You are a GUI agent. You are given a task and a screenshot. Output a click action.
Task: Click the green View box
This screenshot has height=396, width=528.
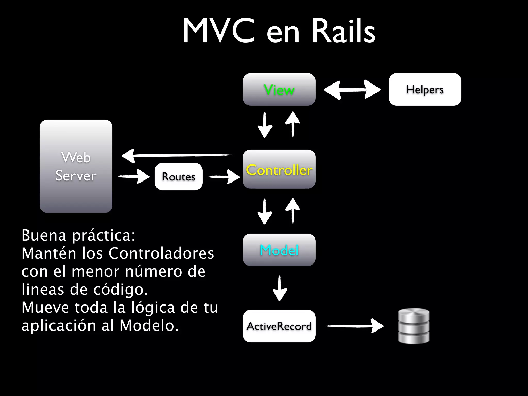[279, 89]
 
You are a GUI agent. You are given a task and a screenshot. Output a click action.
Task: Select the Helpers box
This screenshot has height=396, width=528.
[425, 89]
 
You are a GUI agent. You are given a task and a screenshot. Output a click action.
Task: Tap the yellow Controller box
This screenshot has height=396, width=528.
[279, 169]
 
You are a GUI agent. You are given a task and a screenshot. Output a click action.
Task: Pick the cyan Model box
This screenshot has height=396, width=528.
[279, 250]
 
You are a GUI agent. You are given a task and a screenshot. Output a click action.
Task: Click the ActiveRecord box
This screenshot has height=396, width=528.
[279, 326]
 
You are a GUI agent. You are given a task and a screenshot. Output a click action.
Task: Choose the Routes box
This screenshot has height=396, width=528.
[178, 177]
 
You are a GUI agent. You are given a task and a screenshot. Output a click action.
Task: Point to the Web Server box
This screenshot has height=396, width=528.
[76, 166]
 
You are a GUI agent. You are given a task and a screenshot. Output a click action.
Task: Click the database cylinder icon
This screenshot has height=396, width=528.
[414, 326]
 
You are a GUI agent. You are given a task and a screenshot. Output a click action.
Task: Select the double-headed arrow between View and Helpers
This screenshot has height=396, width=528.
[352, 89]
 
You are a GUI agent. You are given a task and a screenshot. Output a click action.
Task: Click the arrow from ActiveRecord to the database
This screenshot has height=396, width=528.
[355, 326]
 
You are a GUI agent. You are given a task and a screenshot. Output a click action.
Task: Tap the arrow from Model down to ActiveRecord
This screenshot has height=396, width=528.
[280, 288]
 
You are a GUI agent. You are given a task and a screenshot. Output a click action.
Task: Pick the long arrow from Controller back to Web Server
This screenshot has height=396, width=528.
[176, 155]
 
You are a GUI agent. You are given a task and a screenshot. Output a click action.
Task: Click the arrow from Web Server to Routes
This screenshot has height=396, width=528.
[134, 176]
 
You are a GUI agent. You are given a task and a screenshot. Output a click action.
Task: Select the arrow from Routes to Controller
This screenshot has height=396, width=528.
[224, 177]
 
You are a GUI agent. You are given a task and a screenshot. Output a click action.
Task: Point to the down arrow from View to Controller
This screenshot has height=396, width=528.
[265, 125]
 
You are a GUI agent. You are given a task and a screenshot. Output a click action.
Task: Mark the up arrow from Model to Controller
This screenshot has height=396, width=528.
[293, 211]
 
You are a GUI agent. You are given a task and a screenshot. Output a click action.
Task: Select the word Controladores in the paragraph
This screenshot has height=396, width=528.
[161, 253]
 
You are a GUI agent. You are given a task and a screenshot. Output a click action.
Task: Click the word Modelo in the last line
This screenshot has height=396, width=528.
[149, 325]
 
